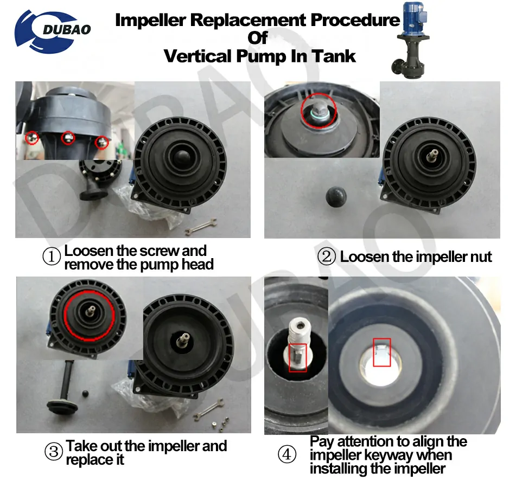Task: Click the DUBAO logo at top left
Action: click(53, 29)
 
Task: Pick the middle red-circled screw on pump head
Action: click(68, 138)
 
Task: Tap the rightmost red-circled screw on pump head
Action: click(101, 142)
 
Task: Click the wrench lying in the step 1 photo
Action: click(200, 228)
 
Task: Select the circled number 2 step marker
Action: click(327, 256)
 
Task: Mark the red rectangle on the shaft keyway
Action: click(297, 358)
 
